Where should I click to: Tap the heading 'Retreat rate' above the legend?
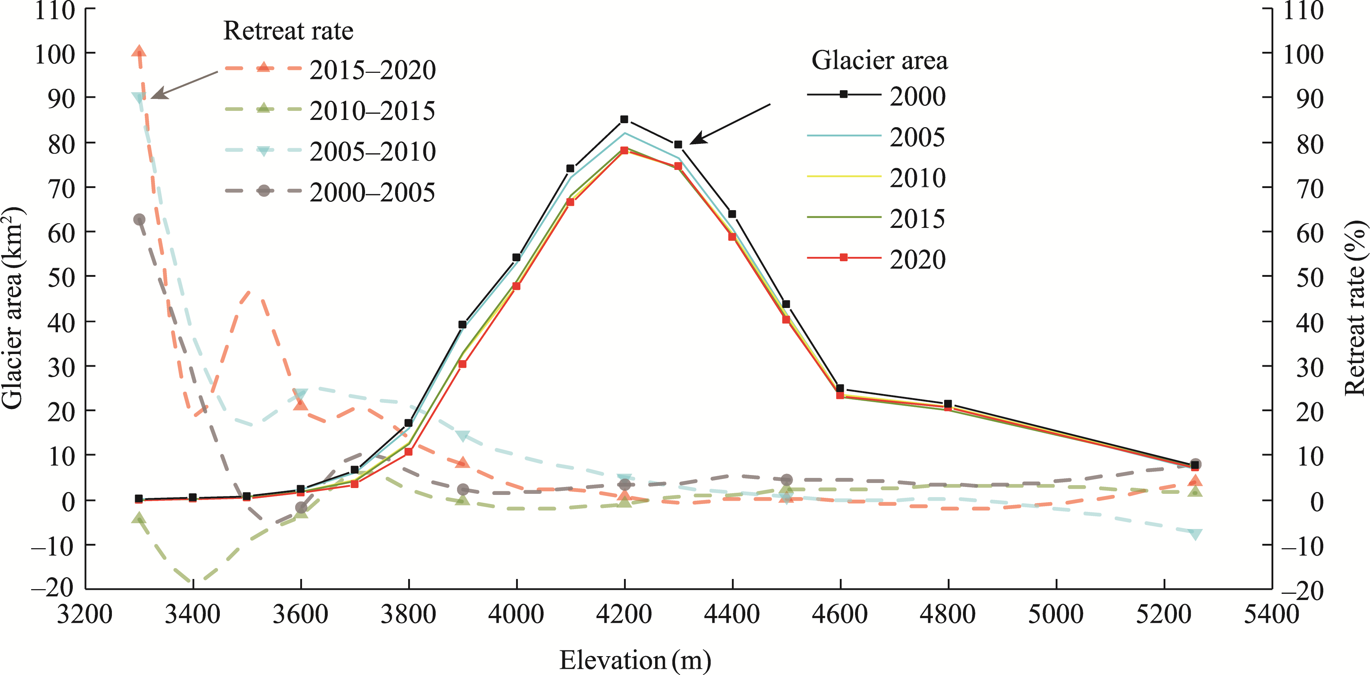pyautogui.click(x=288, y=31)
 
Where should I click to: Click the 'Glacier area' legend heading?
pyautogui.click(x=879, y=60)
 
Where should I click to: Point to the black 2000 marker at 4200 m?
pyautogui.click(x=624, y=119)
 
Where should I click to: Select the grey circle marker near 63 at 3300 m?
pyautogui.click(x=139, y=220)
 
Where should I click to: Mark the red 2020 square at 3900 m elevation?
pyautogui.click(x=462, y=364)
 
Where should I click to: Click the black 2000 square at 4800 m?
pyautogui.click(x=948, y=404)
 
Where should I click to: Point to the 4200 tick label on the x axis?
pyautogui.click(x=624, y=614)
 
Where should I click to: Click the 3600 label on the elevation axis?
pyautogui.click(x=301, y=614)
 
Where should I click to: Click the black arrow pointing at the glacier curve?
pyautogui.click(x=730, y=124)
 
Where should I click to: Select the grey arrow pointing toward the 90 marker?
pyautogui.click(x=184, y=84)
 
